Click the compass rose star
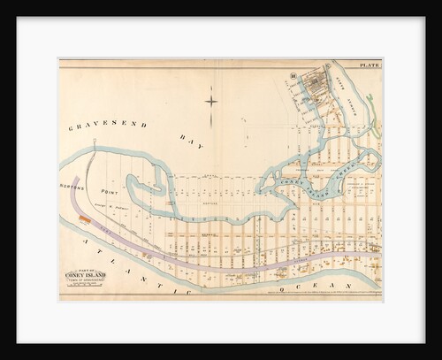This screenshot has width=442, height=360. [x=211, y=100]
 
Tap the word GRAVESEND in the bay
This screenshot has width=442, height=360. [x=106, y=126]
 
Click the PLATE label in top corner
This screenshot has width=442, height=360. [x=370, y=65]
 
